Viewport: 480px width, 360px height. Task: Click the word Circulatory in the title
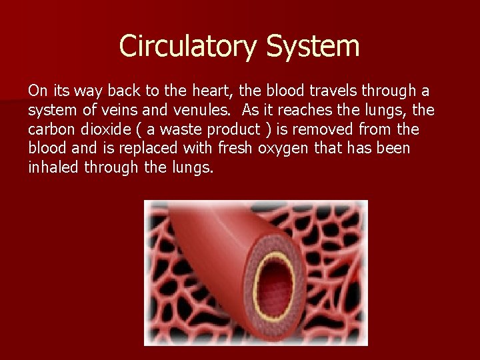click(188, 46)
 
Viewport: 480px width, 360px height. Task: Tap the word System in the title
click(313, 46)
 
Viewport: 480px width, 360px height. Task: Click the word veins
click(126, 109)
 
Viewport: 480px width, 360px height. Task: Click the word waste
click(169, 129)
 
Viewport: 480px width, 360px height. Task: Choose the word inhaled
click(53, 167)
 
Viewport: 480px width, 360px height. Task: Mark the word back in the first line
click(119, 91)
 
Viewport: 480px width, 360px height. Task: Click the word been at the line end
click(393, 147)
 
